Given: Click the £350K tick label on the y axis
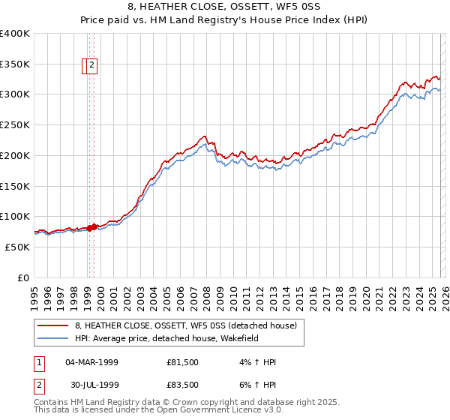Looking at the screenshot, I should pos(15,64).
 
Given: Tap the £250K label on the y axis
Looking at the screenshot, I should pos(15,125).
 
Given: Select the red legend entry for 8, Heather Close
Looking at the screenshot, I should pos(186,325).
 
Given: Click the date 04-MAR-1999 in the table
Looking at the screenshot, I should pos(92,362).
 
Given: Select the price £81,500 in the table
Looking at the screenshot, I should pos(183,362).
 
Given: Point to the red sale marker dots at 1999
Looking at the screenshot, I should pos(91,227).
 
